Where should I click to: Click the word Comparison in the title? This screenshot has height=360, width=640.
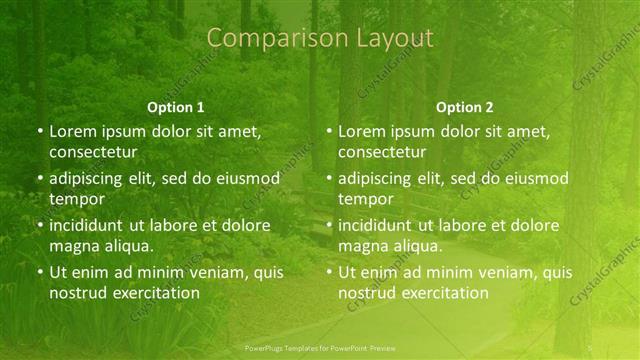click(x=263, y=38)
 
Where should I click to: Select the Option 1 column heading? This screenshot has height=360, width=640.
click(x=176, y=107)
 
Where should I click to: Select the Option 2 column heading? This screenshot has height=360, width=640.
click(x=465, y=107)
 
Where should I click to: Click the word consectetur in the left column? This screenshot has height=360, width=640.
click(x=93, y=152)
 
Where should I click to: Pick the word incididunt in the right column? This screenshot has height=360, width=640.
click(x=375, y=225)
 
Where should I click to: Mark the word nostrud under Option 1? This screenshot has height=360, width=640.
click(x=75, y=293)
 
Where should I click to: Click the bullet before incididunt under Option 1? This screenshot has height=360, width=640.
click(x=39, y=225)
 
